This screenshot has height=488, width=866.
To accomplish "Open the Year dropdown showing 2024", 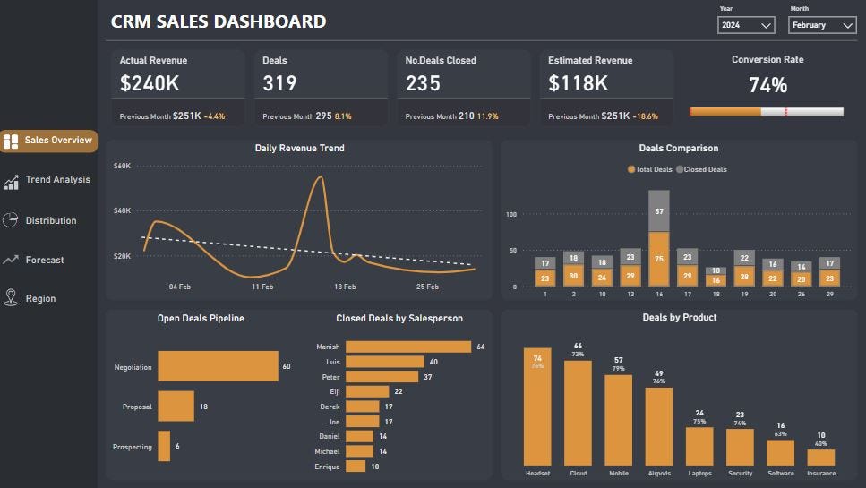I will point(746,26).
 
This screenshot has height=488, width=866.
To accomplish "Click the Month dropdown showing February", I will point(822,26).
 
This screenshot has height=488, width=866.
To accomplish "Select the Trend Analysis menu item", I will point(57,180).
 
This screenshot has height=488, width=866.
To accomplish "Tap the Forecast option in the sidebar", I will point(45,260).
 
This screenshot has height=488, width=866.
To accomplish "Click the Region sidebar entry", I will point(40,298).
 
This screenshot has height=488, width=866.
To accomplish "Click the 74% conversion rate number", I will point(767,86).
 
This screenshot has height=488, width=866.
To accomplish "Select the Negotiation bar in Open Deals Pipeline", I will point(218,366).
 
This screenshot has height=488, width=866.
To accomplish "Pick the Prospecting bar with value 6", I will point(164,446).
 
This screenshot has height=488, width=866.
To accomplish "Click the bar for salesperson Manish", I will point(408,347).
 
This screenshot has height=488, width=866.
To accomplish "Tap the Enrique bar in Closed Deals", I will point(356,467).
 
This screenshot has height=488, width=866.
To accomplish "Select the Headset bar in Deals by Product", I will point(537,407).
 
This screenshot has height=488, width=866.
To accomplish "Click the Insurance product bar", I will point(820,457).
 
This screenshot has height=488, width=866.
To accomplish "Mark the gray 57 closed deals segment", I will point(659,211).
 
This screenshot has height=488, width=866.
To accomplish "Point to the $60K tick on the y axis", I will point(123,166).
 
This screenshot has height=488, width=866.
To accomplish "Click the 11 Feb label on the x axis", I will point(262,287).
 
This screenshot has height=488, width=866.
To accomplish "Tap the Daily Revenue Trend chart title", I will point(299,148).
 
